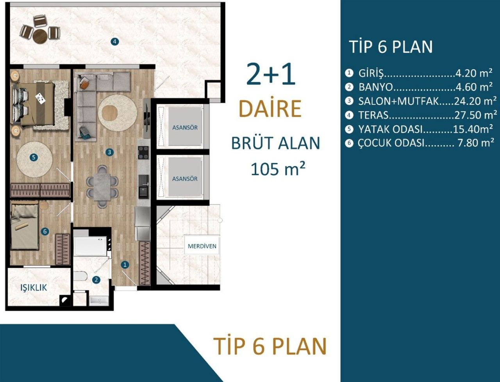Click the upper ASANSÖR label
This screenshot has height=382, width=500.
coord(185,128)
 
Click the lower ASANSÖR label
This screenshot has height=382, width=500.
coord(185,179)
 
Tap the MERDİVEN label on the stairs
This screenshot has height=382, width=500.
coord(202,246)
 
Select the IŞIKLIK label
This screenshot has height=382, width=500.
coord(34,288)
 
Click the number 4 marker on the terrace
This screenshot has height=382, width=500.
coord(114,41)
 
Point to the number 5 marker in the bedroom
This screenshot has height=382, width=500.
coord(33,157)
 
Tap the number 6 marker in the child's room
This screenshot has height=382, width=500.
coord(45,231)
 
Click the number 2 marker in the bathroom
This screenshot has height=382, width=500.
coord(96,279)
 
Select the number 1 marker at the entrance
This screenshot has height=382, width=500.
coord(125,265)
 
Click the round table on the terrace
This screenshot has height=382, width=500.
coord(40,36)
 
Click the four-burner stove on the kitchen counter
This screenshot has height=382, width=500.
coord(143,152)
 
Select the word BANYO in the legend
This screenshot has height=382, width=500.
coord(375,87)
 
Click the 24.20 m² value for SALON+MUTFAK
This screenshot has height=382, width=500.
coord(475,101)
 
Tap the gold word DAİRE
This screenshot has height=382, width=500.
coord(270,109)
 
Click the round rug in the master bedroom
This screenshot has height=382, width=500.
coord(34,159)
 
